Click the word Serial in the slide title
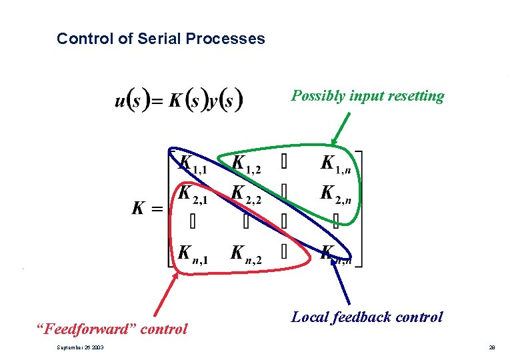[x=159, y=39]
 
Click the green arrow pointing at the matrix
[x=340, y=128]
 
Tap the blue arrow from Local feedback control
[x=341, y=280]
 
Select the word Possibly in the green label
[x=318, y=96]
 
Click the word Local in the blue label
[x=309, y=317]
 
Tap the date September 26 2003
[x=75, y=348]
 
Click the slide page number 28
[x=491, y=348]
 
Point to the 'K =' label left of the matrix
[x=147, y=208]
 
